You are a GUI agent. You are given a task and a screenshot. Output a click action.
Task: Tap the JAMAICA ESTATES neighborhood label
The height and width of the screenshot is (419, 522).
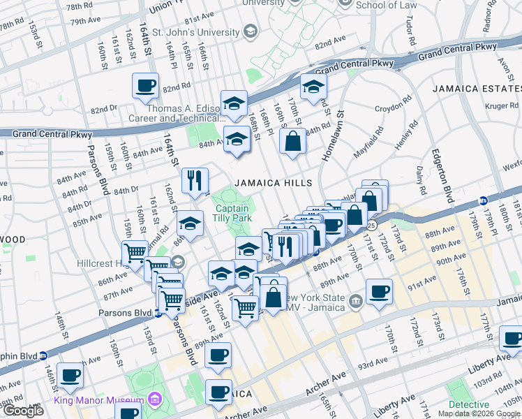pos(476,89)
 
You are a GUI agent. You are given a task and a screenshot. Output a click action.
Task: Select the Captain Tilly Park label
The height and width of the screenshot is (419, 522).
pos(233,214)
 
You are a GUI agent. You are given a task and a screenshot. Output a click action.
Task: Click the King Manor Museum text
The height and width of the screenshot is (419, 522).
pos(98,401)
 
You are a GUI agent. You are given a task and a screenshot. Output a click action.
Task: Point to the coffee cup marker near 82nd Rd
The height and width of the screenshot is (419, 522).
pos(146,86)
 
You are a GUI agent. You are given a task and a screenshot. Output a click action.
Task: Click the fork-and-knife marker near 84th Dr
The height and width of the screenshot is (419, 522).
pos(195,180)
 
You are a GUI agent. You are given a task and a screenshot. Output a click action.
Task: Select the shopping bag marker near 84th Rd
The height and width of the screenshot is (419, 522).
pos(293,141)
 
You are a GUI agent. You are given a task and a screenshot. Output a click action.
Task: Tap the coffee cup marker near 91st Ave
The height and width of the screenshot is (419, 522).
pos(379,291)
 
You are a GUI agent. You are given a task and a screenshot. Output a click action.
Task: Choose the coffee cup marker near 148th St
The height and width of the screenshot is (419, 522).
pos(70,375)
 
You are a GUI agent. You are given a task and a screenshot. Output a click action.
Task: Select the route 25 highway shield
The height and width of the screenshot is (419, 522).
pos(372,225)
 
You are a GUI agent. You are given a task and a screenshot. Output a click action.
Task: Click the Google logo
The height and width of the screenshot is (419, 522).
pos(23,411)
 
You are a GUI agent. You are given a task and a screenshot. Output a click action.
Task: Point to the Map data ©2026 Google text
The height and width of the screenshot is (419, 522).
pos(479,413)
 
